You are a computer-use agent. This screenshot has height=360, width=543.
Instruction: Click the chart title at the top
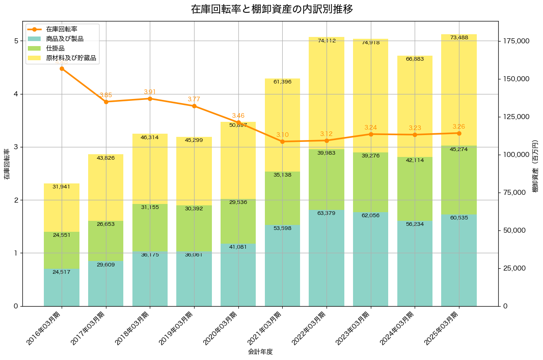pos(271,9)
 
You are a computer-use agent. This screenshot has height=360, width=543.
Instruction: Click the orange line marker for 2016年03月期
pos(62,68)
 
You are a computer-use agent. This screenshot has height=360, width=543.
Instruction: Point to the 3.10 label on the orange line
pos(282,135)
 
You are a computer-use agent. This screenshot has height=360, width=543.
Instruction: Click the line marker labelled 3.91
pos(150,99)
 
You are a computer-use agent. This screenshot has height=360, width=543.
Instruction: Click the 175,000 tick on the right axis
pos(516,41)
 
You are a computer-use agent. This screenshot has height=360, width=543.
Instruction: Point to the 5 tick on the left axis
pos(16,41)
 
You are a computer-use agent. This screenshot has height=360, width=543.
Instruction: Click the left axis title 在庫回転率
pos(6,164)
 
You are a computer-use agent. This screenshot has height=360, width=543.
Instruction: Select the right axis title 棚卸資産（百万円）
pos(535,164)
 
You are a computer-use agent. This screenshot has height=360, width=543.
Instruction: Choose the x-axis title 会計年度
pos(260,352)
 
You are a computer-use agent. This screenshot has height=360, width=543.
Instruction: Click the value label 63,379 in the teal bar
pos(327,213)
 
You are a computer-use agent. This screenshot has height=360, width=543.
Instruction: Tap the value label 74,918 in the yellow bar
pos(370,43)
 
